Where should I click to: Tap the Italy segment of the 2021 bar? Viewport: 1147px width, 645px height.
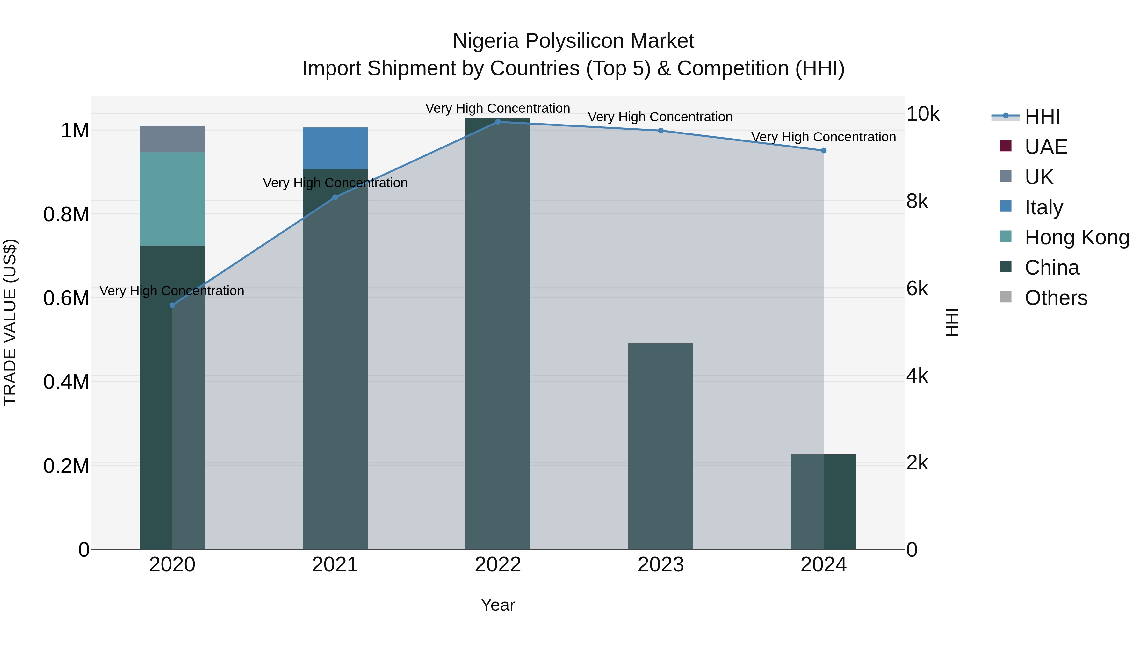coord(335,148)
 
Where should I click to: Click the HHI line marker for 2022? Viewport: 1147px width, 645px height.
coord(498,122)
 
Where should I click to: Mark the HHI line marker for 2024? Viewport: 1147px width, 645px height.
coord(823,150)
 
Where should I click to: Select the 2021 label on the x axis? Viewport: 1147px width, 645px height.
coord(335,565)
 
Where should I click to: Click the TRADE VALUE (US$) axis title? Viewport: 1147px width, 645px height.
coord(10,322)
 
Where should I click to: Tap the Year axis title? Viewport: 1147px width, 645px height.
coord(498,605)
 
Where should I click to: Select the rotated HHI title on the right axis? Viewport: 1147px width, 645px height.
coord(951,322)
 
